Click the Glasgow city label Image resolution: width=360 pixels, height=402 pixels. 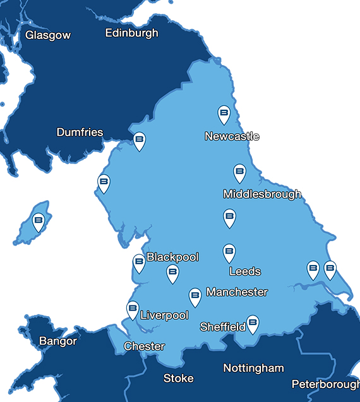48,35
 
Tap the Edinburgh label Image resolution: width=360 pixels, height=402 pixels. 132,33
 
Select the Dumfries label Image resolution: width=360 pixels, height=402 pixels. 80,132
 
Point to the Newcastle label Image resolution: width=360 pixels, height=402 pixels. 232,136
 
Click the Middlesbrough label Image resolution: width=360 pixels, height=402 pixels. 262,194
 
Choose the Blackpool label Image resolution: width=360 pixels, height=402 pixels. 172,257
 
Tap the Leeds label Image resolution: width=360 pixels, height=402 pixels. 245,271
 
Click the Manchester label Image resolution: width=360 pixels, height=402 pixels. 237,292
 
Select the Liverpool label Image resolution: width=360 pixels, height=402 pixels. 164,316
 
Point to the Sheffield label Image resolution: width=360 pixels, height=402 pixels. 222,327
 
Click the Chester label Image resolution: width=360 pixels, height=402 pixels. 144,346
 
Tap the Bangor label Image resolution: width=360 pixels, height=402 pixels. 58,341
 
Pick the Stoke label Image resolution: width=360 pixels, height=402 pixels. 177,378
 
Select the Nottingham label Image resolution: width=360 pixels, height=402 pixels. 254,368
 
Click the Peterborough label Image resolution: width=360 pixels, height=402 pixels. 325,384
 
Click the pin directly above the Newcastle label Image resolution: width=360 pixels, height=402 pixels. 224,114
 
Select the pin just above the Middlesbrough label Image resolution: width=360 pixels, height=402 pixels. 239,172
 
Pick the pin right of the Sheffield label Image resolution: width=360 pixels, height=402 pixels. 253,323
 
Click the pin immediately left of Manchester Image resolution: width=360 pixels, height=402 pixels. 195,296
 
